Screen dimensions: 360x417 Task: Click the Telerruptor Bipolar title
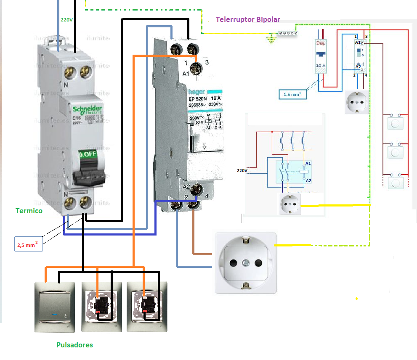(248, 19)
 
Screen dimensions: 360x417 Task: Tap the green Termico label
(29, 211)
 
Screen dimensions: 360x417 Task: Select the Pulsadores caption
(74, 345)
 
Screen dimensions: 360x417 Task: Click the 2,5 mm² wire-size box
(28, 244)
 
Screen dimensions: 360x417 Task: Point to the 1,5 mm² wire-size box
(292, 95)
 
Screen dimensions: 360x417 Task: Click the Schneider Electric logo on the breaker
(88, 110)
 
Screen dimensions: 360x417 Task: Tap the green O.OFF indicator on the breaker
(88, 154)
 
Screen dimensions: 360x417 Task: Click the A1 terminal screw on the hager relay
(195, 67)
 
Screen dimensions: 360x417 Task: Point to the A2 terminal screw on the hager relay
(195, 190)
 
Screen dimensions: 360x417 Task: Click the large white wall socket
(246, 263)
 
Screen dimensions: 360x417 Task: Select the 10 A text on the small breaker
(321, 66)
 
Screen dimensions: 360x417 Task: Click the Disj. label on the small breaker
(321, 43)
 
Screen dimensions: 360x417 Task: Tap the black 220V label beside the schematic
(242, 170)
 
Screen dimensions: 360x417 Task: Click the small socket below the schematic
(290, 204)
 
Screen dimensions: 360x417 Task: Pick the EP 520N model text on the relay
(199, 99)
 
